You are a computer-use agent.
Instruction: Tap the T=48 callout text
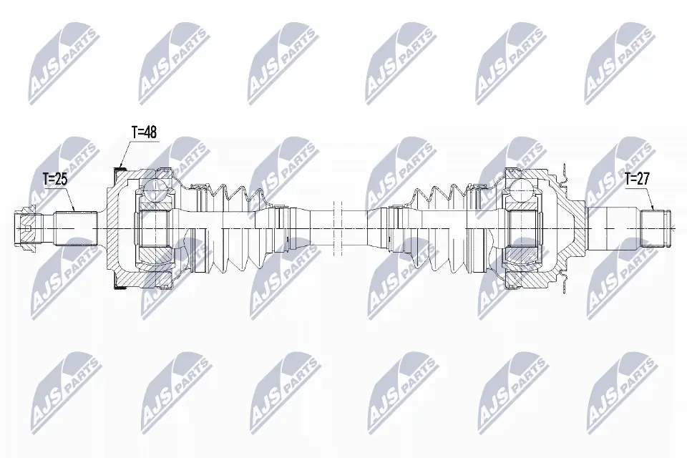click(x=143, y=132)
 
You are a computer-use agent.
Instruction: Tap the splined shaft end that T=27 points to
click(x=657, y=228)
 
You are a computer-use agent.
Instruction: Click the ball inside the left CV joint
click(x=155, y=188)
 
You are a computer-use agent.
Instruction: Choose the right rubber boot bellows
click(x=440, y=228)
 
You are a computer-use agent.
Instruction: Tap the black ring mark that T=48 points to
click(x=120, y=168)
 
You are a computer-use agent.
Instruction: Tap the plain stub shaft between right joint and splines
click(x=615, y=228)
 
